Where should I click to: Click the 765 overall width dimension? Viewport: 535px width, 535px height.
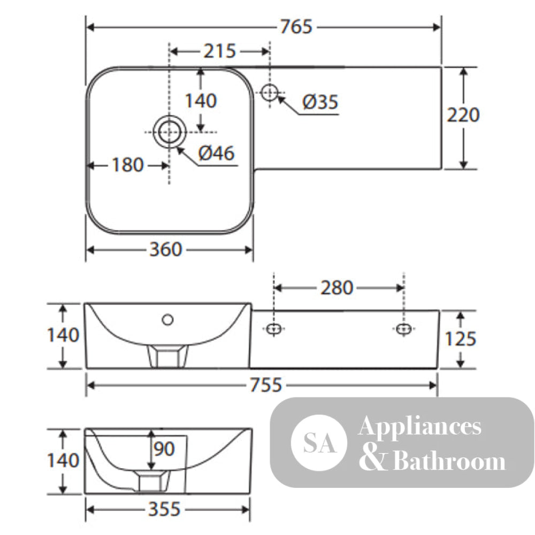(x=296, y=27)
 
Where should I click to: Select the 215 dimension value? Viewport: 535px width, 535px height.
(x=220, y=51)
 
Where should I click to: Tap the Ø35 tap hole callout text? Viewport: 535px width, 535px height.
(x=320, y=102)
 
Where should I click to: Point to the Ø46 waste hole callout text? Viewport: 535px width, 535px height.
(x=216, y=153)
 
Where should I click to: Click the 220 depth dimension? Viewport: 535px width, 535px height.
(x=463, y=115)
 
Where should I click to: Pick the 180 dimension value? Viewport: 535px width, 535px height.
(x=128, y=165)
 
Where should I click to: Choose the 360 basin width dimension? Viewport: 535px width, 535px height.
(x=166, y=249)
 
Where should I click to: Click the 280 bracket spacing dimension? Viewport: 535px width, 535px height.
(x=337, y=288)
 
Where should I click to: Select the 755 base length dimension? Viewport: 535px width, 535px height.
(x=266, y=385)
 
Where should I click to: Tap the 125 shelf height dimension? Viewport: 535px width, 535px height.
(x=460, y=339)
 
